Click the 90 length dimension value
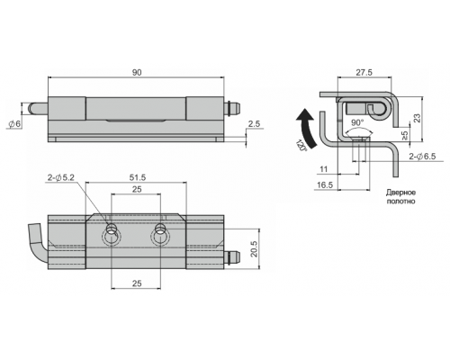tap(137, 72)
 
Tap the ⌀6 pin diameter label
tap(14, 123)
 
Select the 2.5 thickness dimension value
tap(254, 124)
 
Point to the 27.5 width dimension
tap(364, 72)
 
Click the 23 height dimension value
tap(417, 118)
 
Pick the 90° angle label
tap(357, 122)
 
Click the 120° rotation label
tap(301, 146)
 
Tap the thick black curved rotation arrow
tap(308, 128)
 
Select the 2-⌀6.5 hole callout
tap(422, 157)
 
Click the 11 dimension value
tap(323, 169)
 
